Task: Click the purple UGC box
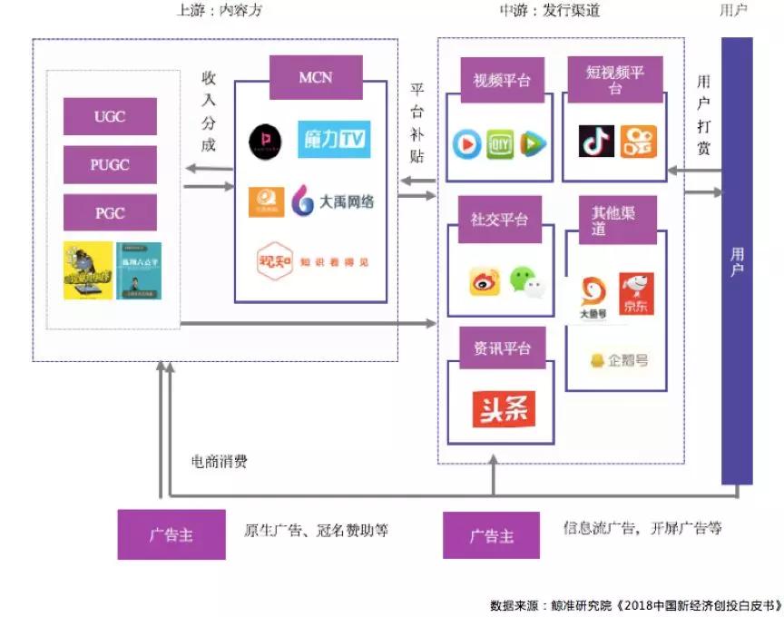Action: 110,116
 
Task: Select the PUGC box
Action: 110,165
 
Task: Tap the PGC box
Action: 110,213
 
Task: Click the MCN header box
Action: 316,78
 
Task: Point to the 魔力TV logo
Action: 333,139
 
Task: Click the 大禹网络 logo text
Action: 333,201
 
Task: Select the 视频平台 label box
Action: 501,81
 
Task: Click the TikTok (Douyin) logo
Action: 596,142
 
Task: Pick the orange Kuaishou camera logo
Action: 639,142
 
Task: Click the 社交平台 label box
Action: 499,220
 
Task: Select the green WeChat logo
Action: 527,280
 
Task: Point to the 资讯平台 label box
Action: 502,348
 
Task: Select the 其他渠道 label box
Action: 612,220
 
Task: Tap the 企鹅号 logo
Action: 619,360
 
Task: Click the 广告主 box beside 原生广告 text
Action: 171,534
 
